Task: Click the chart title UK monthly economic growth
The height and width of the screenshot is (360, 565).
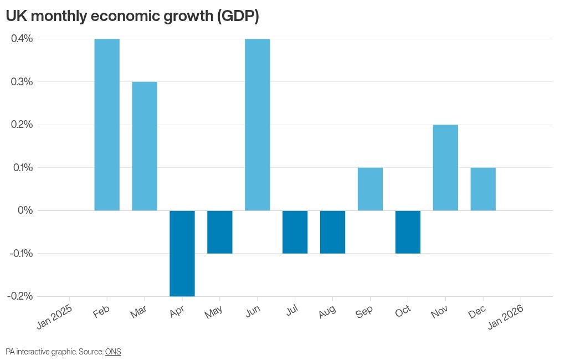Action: [132, 17]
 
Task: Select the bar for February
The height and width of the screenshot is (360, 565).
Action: [107, 125]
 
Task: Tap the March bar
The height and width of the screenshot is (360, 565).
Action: [145, 146]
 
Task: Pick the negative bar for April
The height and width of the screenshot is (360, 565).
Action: [182, 253]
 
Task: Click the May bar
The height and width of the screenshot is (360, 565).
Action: [220, 232]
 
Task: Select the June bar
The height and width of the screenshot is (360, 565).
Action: [258, 125]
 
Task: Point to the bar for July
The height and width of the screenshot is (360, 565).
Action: [295, 232]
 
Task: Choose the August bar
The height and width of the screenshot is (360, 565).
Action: [333, 232]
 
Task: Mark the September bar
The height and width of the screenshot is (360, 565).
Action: [370, 189]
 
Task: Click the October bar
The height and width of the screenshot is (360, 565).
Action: [408, 232]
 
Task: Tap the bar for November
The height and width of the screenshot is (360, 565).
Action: [445, 167]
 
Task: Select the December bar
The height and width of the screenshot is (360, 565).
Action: [483, 189]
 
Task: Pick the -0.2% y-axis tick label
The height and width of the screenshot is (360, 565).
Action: [20, 296]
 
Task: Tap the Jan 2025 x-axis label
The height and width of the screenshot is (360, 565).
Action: [54, 317]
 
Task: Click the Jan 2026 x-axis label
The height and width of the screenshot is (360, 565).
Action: [505, 317]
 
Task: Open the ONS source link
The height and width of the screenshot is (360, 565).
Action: [113, 352]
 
